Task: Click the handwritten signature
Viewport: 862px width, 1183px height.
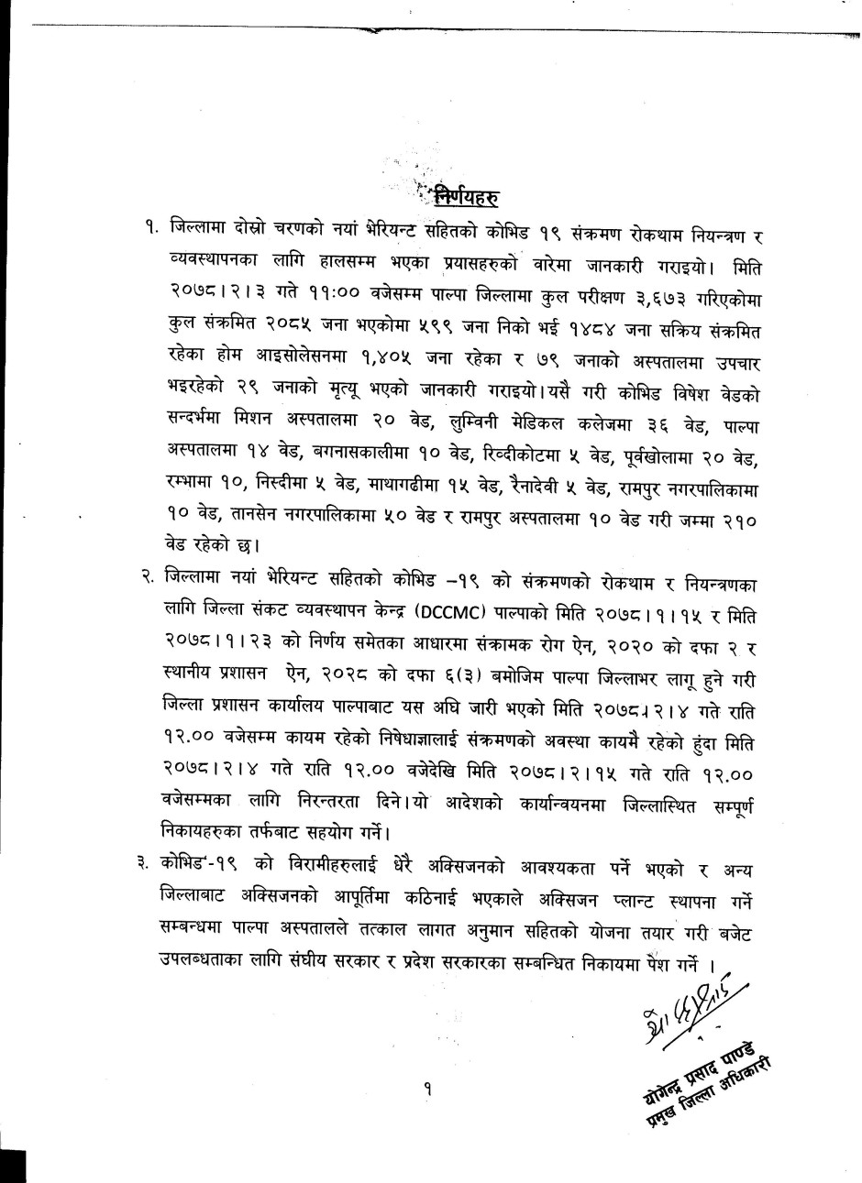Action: [x=686, y=1016]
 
